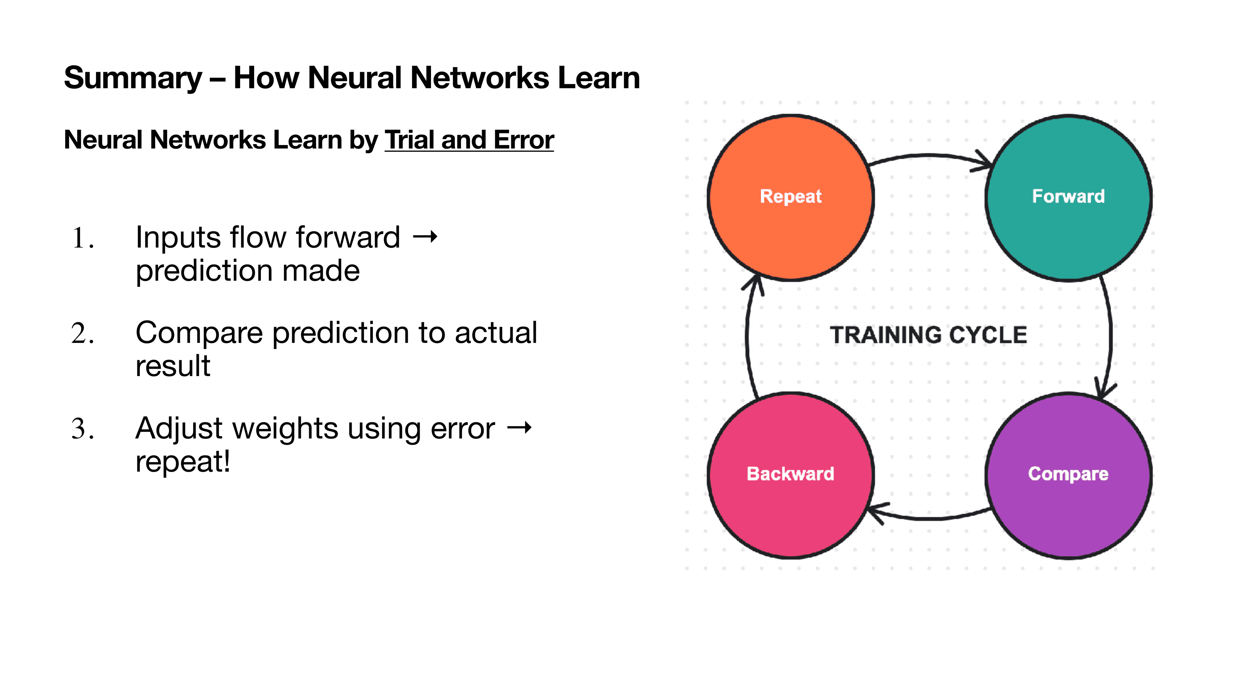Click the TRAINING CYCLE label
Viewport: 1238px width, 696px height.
coord(928,335)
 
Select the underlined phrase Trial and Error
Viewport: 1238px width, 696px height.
coord(469,140)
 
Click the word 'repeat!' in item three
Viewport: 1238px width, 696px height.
coord(182,462)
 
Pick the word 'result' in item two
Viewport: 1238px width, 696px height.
coord(173,366)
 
